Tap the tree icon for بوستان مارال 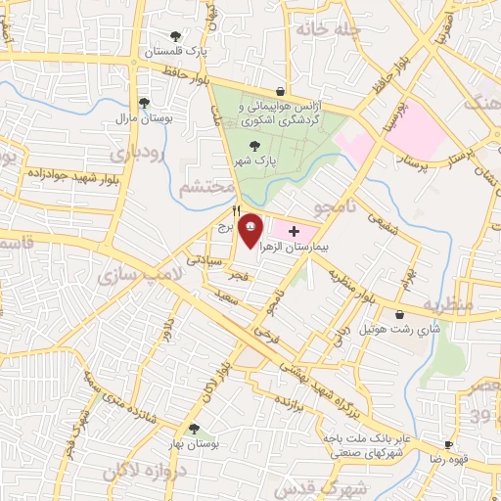[x=145, y=103]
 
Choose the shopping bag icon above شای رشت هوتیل [x=402, y=314]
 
